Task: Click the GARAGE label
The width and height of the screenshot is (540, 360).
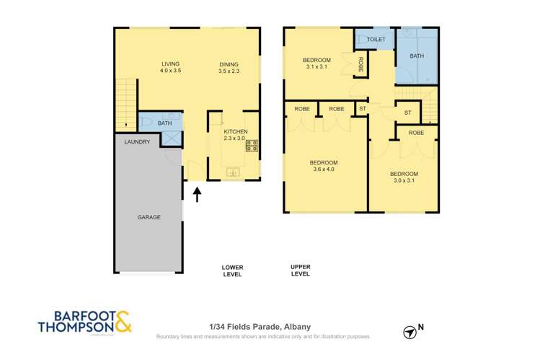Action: click(149, 217)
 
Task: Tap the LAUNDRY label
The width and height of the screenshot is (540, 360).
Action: click(137, 141)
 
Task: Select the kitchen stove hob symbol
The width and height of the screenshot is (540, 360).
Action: click(252, 146)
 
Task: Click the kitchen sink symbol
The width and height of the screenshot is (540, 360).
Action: click(233, 172)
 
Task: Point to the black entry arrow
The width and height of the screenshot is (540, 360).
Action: click(197, 194)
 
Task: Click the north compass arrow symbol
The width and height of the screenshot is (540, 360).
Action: click(410, 333)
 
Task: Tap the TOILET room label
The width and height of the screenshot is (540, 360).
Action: click(376, 39)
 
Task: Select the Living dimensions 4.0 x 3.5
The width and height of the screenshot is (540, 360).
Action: click(170, 71)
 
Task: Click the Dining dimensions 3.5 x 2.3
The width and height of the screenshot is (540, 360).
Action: click(229, 71)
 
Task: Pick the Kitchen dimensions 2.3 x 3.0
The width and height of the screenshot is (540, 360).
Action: click(234, 138)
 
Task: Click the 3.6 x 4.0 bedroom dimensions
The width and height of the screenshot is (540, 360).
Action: click(324, 169)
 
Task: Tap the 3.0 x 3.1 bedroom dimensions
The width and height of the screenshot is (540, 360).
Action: click(404, 180)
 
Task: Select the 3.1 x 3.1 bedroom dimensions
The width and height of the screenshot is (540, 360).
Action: click(317, 66)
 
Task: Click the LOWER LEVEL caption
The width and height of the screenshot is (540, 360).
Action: click(232, 271)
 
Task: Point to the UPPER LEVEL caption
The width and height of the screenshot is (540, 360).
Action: click(301, 270)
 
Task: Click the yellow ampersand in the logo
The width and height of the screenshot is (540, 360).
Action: click(123, 322)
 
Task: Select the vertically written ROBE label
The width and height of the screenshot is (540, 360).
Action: click(360, 64)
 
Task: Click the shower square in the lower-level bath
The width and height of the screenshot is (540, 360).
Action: click(171, 139)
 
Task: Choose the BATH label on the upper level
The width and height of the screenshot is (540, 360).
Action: click(417, 56)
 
